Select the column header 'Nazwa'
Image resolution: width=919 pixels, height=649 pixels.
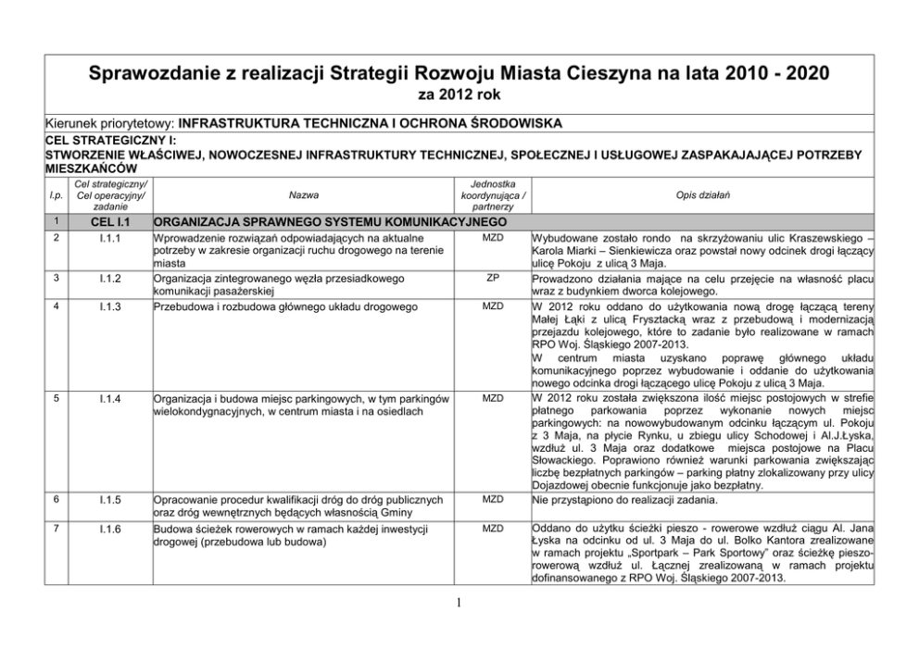[x=302, y=195]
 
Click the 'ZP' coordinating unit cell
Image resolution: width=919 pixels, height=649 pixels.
[x=493, y=277]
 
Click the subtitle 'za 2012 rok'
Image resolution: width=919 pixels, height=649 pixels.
[x=459, y=94]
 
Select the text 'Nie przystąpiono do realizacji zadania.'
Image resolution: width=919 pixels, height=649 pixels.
[x=621, y=499]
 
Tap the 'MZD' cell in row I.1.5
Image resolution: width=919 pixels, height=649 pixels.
[x=493, y=499]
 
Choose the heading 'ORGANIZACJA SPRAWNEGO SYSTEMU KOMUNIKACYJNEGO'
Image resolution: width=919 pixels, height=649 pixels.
[x=330, y=223]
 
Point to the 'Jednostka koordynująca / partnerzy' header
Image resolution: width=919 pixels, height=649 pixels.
[x=493, y=195]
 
